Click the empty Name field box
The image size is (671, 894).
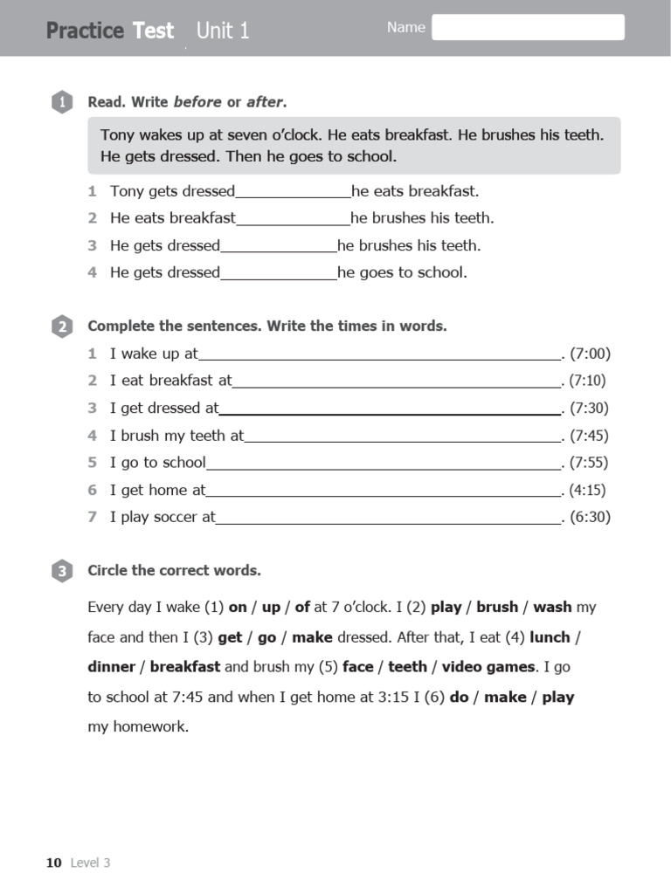coord(528,27)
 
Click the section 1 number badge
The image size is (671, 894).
coord(61,103)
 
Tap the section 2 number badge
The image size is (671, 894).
coord(61,327)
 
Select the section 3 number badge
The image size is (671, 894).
coord(61,572)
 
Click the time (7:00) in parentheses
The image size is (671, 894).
coord(590,354)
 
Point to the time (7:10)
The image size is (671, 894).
coord(587,381)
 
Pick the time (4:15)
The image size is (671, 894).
coord(587,490)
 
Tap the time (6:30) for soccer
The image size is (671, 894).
coord(590,517)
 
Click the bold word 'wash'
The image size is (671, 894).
coord(552,607)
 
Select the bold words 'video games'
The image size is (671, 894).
coord(488,667)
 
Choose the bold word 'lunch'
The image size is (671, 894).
coord(550,637)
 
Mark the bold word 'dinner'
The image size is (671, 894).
coord(111,667)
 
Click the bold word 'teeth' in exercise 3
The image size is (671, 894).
coord(407,667)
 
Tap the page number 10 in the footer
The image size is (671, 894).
coord(54,863)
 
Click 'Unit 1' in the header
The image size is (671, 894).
coord(223,31)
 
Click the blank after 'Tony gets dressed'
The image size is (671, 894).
coord(293,191)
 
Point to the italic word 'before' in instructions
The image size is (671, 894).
coord(197,102)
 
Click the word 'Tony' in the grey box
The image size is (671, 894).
coord(118,135)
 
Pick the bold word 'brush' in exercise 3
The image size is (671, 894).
coord(497,607)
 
